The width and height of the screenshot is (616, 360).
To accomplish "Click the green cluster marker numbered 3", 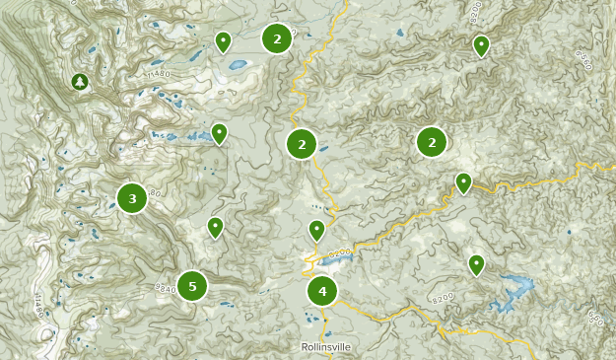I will [x=132, y=198].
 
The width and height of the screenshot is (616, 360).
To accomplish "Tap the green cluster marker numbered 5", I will [x=192, y=286].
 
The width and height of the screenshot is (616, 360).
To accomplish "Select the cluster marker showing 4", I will [x=322, y=291].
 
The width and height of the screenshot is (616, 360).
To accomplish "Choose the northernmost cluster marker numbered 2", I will [x=277, y=38].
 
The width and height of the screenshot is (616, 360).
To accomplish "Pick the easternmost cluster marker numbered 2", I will [x=432, y=142].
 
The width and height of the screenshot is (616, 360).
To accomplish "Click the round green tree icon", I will [x=80, y=81].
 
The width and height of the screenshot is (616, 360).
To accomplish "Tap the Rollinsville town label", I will [x=324, y=347].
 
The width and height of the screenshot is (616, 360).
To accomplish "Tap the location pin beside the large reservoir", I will [x=476, y=264].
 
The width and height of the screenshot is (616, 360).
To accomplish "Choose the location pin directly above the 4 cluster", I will [x=316, y=231].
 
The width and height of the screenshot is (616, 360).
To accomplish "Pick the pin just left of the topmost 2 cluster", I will [x=224, y=41].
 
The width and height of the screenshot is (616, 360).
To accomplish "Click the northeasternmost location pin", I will [x=481, y=45].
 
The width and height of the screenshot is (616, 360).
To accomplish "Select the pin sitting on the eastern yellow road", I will [x=463, y=182].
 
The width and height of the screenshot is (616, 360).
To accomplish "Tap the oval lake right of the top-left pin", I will [x=238, y=67].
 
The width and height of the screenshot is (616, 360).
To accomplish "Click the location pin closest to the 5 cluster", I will [x=215, y=228].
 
